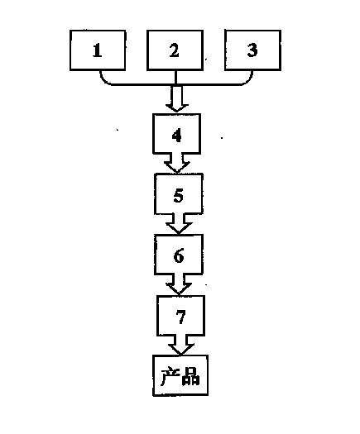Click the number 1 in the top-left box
[x=97, y=50]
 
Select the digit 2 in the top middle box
[x=175, y=50]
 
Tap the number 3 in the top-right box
[x=252, y=50]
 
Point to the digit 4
[x=177, y=135]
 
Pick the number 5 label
[x=179, y=195]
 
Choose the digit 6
[x=179, y=255]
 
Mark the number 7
[x=180, y=317]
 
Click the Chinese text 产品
[x=180, y=376]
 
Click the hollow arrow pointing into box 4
[x=177, y=99]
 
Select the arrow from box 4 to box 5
[x=177, y=163]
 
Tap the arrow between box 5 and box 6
[x=179, y=224]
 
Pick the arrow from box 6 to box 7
[x=179, y=284]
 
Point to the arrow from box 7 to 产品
[x=180, y=346]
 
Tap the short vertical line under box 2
[x=175, y=78]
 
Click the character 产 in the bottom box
[x=170, y=376]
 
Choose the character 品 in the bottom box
[x=190, y=377]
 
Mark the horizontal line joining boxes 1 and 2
[x=143, y=84]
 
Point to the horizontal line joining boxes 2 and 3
[x=209, y=84]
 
